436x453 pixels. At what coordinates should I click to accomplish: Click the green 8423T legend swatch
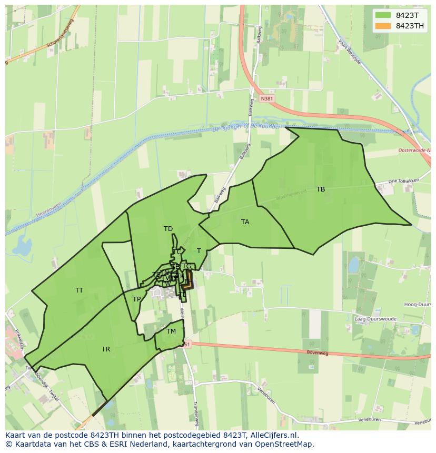(x=383, y=15)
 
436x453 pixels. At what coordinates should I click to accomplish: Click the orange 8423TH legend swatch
(x=383, y=26)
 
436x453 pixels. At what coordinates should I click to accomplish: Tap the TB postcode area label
(x=321, y=189)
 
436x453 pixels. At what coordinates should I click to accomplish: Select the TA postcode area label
(x=245, y=222)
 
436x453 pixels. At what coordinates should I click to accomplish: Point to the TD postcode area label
(x=168, y=229)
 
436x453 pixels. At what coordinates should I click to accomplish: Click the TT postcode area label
(x=79, y=290)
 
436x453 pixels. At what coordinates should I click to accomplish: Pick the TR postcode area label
(x=106, y=349)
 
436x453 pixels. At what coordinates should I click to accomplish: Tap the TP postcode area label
(x=136, y=299)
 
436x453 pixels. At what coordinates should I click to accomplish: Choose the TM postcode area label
(x=171, y=331)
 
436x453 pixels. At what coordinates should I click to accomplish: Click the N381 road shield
(x=267, y=98)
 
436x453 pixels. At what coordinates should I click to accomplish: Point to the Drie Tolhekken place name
(x=403, y=181)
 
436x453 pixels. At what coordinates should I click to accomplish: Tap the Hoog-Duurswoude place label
(x=418, y=305)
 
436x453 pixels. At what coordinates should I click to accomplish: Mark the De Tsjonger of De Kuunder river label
(x=247, y=128)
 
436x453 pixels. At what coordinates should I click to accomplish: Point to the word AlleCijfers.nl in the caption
(x=273, y=435)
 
